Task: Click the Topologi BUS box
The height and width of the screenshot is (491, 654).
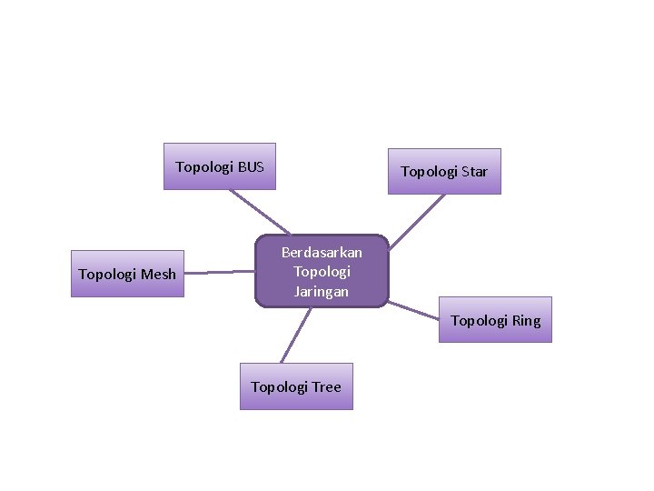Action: point(219,166)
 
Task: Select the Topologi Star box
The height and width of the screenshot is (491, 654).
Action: point(444,171)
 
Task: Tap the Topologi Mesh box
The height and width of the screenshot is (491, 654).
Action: point(127,274)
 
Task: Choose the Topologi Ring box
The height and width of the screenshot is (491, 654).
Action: point(495,320)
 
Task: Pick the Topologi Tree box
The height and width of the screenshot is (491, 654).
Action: point(296,386)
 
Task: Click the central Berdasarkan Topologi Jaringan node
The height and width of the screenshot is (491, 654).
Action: point(322,271)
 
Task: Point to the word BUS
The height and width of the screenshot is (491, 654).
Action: point(251,166)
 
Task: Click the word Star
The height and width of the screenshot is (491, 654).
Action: point(473,171)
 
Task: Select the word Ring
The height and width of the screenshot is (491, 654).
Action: point(525,320)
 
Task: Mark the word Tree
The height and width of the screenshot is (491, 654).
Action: point(326,386)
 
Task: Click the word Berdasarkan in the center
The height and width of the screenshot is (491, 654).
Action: point(322,252)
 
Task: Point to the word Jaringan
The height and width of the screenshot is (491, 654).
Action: point(322,291)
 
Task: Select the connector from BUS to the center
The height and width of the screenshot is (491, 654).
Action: point(259,212)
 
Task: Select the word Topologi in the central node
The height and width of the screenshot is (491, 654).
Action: point(322,271)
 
